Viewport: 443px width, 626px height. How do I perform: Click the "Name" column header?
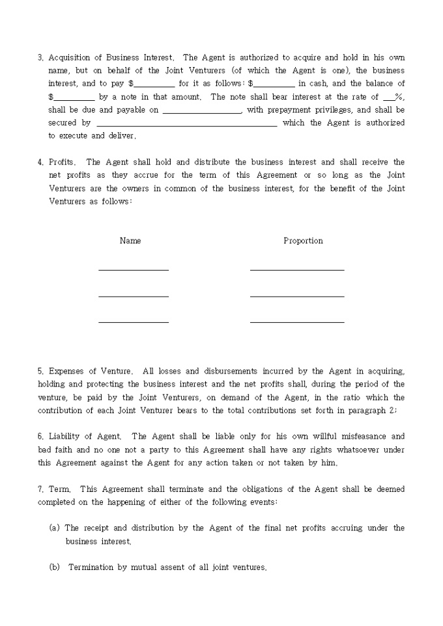pos(130,241)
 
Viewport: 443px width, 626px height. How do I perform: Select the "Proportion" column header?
pos(303,241)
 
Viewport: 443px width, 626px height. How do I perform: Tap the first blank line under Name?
pos(134,269)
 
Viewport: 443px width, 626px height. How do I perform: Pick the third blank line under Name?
pos(134,321)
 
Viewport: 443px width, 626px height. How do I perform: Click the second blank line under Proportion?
pos(297,295)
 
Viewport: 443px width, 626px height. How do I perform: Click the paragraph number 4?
pos(40,162)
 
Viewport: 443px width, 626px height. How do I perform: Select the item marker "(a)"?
pos(55,528)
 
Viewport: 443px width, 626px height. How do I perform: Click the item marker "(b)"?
pos(55,567)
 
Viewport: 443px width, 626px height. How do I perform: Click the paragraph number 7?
pos(40,489)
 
